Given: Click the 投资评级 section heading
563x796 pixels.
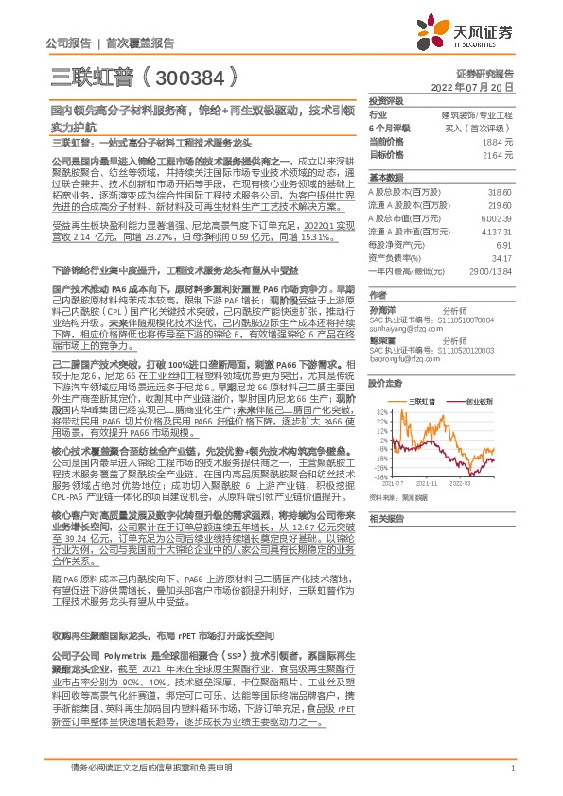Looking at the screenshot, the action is [x=385, y=100].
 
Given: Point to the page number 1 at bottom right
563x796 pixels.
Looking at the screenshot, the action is [x=512, y=768].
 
